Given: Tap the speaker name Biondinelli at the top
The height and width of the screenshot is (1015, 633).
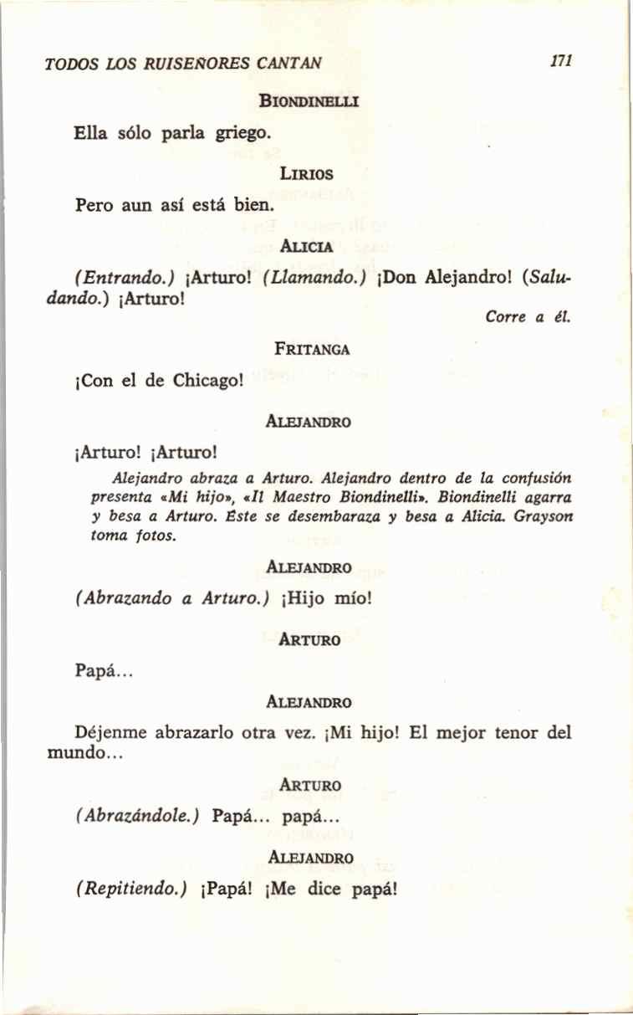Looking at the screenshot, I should point(309,103).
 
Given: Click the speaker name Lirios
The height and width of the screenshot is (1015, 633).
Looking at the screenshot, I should point(308,175).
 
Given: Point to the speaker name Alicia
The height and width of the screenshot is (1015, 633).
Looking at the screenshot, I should point(308,248).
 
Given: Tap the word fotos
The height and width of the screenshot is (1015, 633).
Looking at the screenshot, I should point(156,536).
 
